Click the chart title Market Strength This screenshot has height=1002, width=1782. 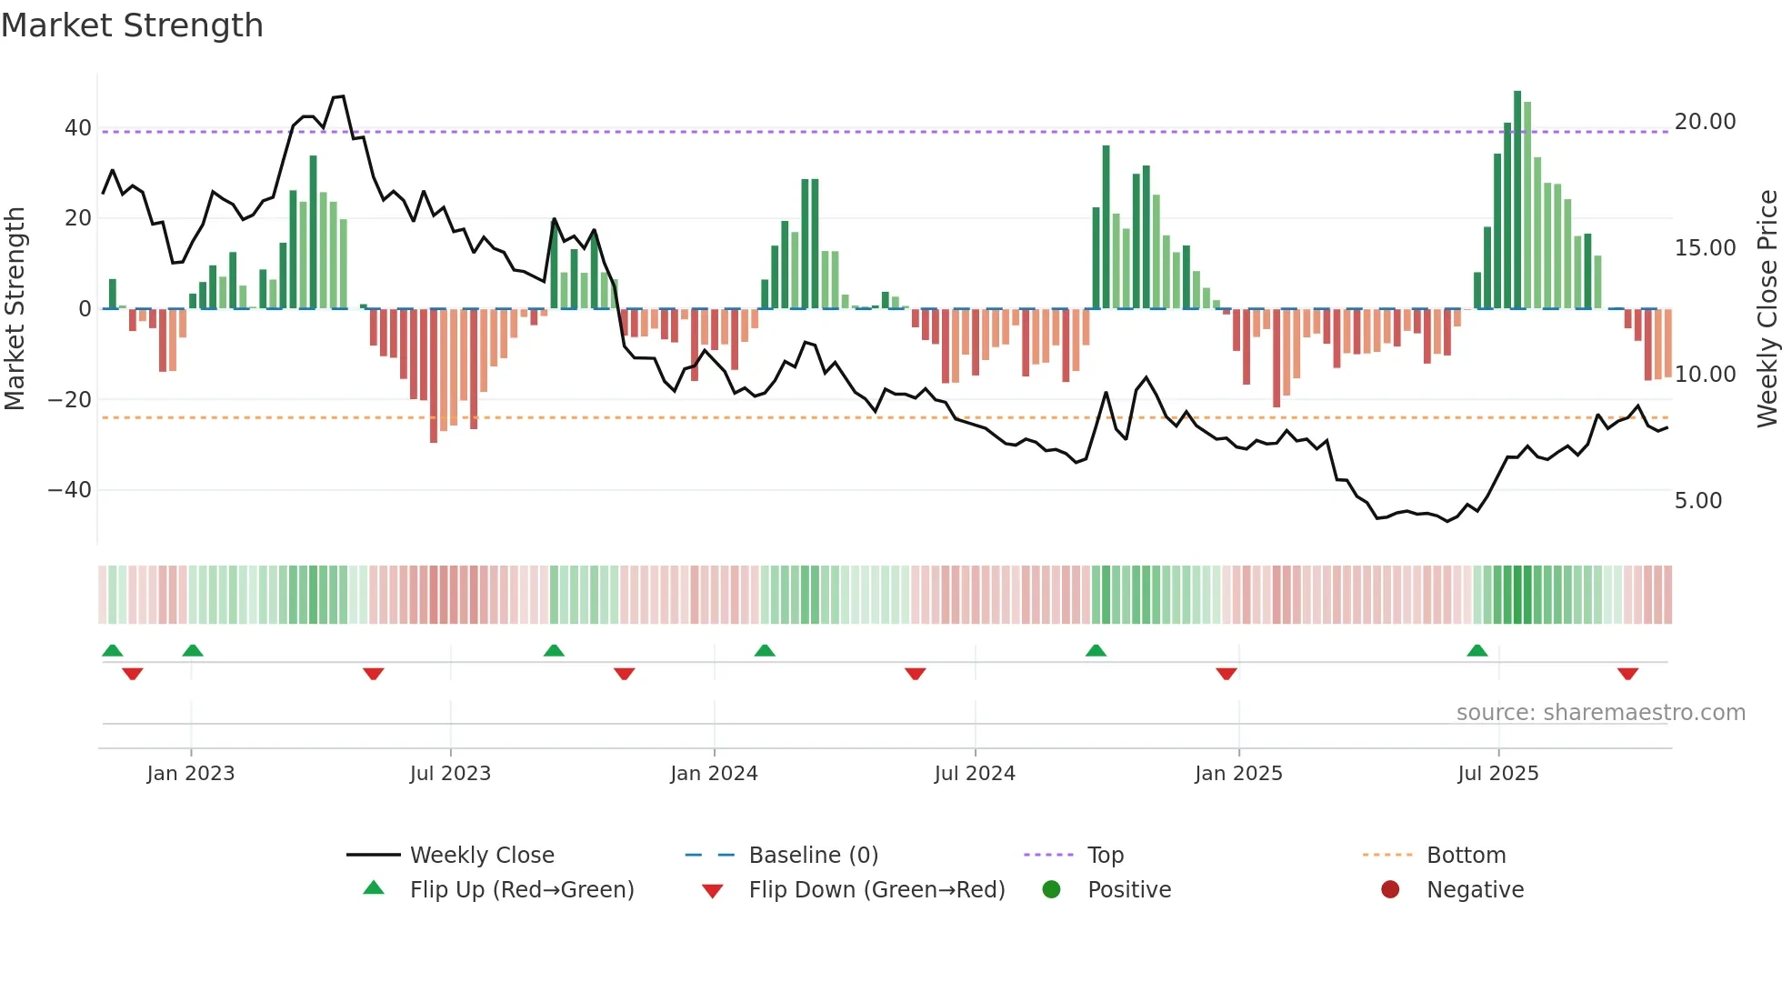pyautogui.click(x=132, y=25)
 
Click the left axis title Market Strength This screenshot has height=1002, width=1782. pyautogui.click(x=15, y=308)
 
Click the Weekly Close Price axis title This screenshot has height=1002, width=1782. pyautogui.click(x=1767, y=308)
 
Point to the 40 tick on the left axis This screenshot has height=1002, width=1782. pyautogui.click(x=77, y=128)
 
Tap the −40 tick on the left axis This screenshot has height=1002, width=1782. pyautogui.click(x=70, y=490)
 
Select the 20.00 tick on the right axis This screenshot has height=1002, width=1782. pyautogui.click(x=1705, y=122)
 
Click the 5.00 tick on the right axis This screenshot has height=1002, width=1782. pyautogui.click(x=1697, y=501)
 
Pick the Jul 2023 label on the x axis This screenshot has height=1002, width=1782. pyautogui.click(x=450, y=774)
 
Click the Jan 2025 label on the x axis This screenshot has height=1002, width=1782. pyautogui.click(x=1238, y=774)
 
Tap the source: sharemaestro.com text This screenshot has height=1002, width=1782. pyautogui.click(x=1600, y=713)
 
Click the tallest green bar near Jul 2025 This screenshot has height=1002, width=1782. pyautogui.click(x=1517, y=200)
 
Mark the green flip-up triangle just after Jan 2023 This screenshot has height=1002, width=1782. pyautogui.click(x=193, y=650)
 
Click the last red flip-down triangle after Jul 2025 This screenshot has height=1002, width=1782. pyautogui.click(x=1627, y=674)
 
